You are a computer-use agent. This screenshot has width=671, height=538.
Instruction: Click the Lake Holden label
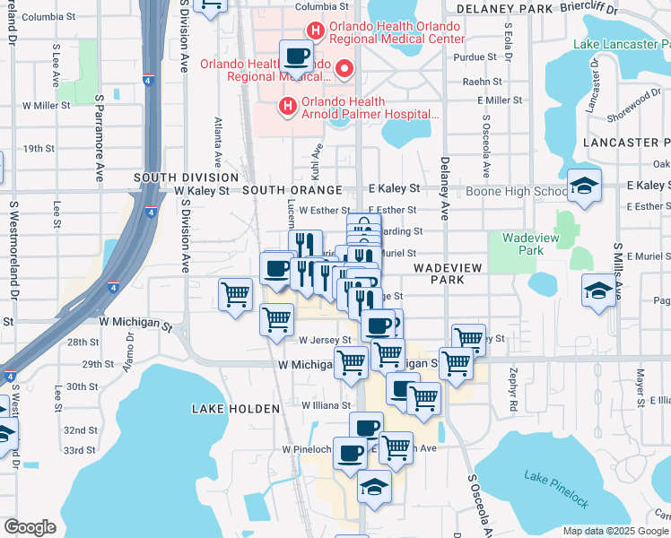pyautogui.click(x=236, y=409)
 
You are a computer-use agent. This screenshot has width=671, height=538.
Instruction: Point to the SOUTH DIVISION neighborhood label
pyautogui.click(x=186, y=178)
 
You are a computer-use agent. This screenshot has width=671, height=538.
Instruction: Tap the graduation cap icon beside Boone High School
pyautogui.click(x=584, y=186)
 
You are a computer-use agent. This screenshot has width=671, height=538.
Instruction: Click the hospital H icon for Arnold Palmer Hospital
pyautogui.click(x=287, y=108)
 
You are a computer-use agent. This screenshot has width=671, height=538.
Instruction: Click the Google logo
pyautogui.click(x=30, y=527)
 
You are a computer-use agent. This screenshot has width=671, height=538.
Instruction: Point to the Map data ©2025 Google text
pyautogui.click(x=614, y=531)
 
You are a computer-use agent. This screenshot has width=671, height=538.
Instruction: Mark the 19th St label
pyautogui.click(x=39, y=149)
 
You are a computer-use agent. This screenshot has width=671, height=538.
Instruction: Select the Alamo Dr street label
pyautogui.click(x=129, y=346)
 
